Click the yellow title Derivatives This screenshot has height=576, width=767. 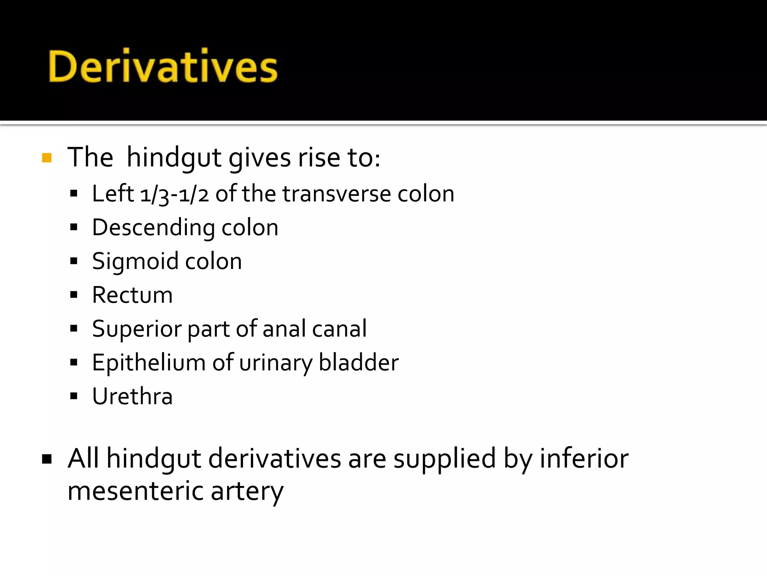pos(163,66)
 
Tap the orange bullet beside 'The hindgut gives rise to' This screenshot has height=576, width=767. pos(47,158)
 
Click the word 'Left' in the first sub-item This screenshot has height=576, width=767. pos(113,194)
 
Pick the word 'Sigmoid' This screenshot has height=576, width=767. pos(135,262)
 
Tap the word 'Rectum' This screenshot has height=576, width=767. pos(132,295)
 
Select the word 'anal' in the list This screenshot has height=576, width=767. pos(284,329)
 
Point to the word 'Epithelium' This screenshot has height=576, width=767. pos(149,363)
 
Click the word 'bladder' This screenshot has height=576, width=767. pos(358,363)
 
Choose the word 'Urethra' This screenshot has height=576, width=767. pos(132,396)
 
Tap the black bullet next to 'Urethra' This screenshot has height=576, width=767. pos(74,396)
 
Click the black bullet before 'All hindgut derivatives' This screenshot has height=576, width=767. pos(47,459)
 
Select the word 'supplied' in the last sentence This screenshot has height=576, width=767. pos(445,459)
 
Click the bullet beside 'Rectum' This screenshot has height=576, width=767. pos(74,295)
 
